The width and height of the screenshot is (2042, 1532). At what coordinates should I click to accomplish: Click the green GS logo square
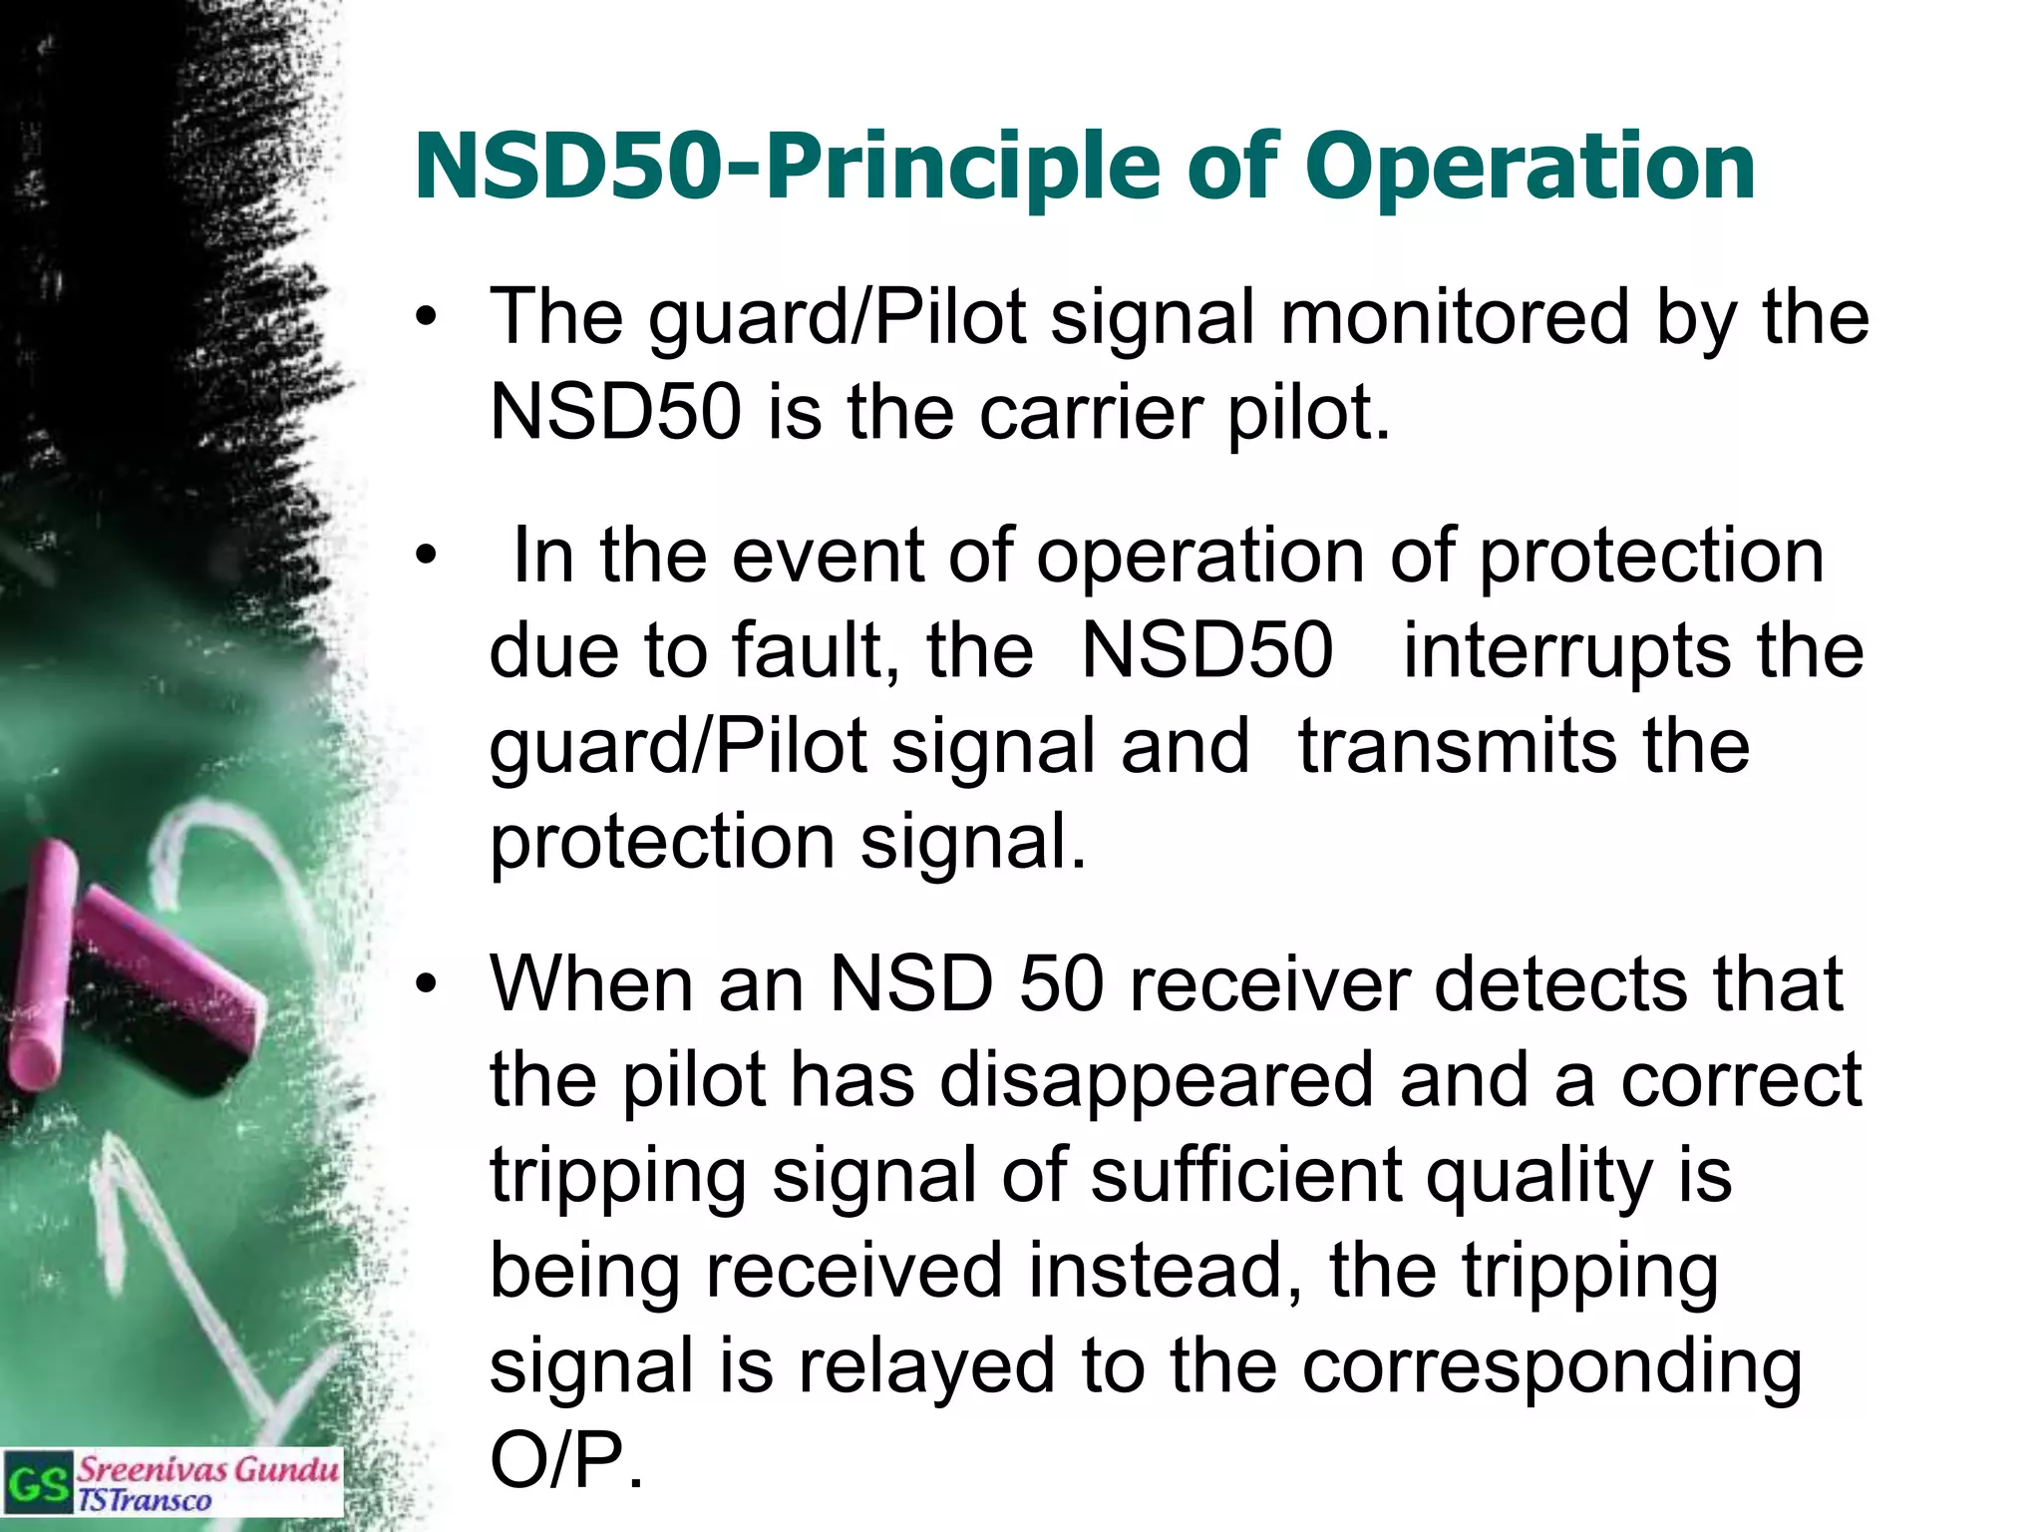coord(38,1483)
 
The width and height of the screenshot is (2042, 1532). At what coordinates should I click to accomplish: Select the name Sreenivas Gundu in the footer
coord(207,1468)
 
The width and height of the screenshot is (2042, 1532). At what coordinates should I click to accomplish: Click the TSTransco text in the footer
coord(145,1500)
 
